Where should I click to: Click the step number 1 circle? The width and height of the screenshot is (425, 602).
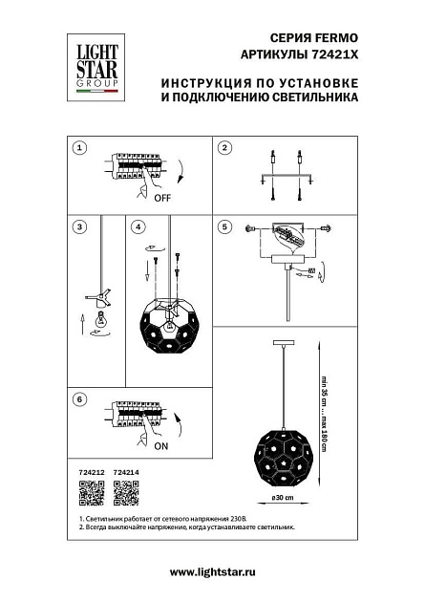(x=80, y=148)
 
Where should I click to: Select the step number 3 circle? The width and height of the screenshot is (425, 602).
(x=80, y=227)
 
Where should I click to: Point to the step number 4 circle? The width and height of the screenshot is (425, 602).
(x=138, y=227)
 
